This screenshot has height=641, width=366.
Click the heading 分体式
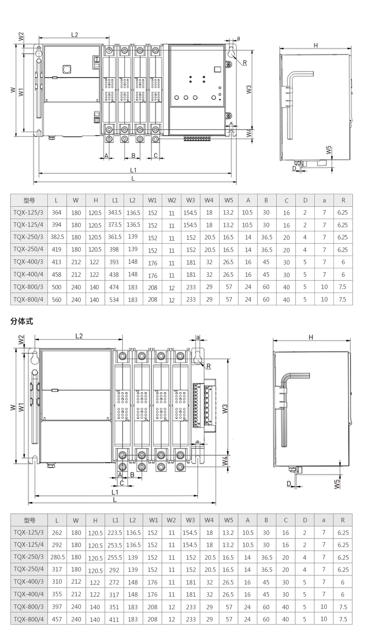tap(22, 322)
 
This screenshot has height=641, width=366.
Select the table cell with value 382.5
tap(57, 237)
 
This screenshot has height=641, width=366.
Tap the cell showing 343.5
tap(115, 212)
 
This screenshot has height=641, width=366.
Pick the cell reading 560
tap(57, 300)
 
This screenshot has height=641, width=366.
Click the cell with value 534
tap(114, 300)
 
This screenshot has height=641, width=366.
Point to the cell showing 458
tap(57, 274)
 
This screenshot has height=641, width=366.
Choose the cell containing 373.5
tap(115, 224)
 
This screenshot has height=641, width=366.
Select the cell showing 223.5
tap(115, 532)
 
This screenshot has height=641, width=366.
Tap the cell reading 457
tap(57, 619)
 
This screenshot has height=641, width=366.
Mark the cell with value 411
tap(114, 619)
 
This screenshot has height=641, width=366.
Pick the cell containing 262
tap(57, 532)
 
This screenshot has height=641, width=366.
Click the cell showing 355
tap(57, 594)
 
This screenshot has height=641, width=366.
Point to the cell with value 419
tap(57, 250)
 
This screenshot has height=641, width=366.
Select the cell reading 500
tap(57, 287)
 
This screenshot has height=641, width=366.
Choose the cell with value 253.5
tap(115, 545)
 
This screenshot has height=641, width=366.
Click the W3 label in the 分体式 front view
tap(225, 409)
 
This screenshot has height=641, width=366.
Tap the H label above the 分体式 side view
tap(311, 337)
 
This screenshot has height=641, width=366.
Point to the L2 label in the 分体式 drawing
tap(79, 336)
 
